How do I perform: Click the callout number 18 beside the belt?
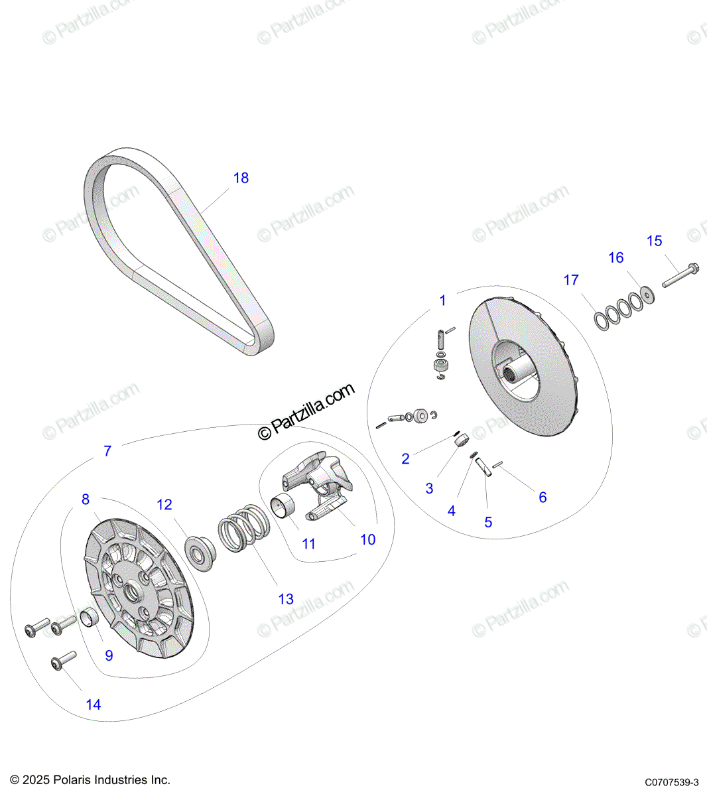point(241,178)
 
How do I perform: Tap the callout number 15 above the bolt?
point(654,241)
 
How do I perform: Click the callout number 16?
point(616,257)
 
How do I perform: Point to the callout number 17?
point(571,280)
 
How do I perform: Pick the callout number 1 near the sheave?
point(443,300)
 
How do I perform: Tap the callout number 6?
point(543,497)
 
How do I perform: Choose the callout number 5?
point(488,522)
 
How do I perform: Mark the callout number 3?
point(429,488)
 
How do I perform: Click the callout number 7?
point(107,451)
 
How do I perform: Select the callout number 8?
point(85,499)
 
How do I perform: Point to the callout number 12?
point(164,505)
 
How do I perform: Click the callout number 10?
point(367,540)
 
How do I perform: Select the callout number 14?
point(93,704)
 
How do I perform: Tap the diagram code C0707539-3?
point(671,783)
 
